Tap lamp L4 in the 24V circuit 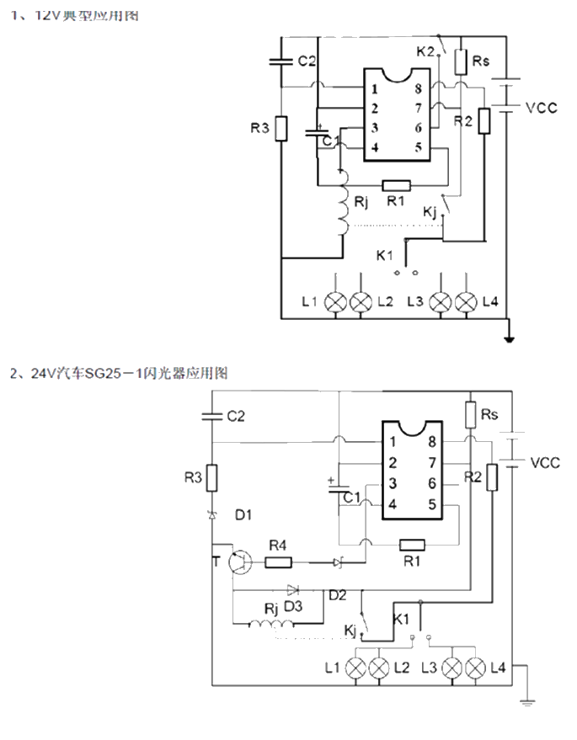pos(475,669)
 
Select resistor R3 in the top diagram pos(281,130)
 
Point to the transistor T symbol pos(241,562)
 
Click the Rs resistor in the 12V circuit pos(461,61)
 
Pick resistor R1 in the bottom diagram pos(412,546)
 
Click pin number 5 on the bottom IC pos(432,504)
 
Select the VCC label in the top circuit pos(541,109)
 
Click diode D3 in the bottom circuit pos(293,590)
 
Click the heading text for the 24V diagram pos(119,372)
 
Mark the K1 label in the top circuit pos(384,254)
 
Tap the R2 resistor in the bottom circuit pos(492,478)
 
